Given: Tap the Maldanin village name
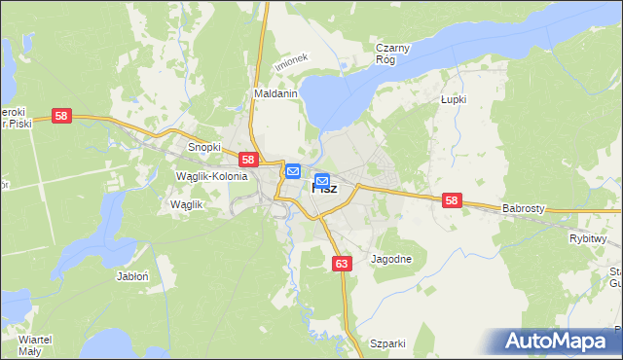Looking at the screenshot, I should pyautogui.click(x=275, y=94).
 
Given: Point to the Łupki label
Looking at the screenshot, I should pyautogui.click(x=454, y=99).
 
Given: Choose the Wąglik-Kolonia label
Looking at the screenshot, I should pyautogui.click(x=211, y=176).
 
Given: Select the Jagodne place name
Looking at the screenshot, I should pyautogui.click(x=392, y=259).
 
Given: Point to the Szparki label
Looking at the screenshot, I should pyautogui.click(x=386, y=343).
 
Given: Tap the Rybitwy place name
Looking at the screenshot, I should pyautogui.click(x=588, y=237).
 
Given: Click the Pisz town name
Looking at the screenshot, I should pyautogui.click(x=325, y=189).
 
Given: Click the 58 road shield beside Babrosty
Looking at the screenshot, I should pyautogui.click(x=451, y=200).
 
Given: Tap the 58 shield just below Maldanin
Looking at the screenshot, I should pyautogui.click(x=248, y=160).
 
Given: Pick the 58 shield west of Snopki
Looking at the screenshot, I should pyautogui.click(x=62, y=116).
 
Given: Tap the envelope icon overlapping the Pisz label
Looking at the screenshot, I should pyautogui.click(x=322, y=180).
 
